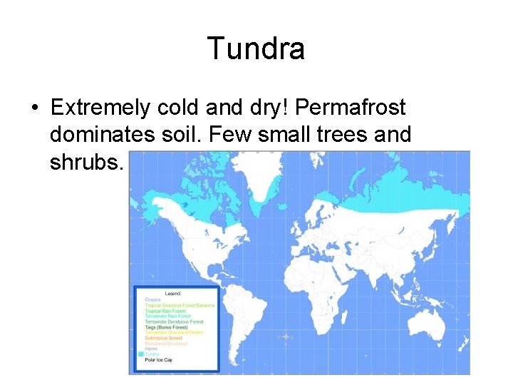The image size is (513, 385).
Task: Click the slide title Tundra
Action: [256, 48]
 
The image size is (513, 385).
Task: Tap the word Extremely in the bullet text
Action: [100, 108]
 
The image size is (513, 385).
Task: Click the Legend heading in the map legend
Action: [173, 294]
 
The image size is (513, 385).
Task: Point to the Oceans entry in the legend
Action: [153, 299]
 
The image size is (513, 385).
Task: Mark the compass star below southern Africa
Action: [285, 337]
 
